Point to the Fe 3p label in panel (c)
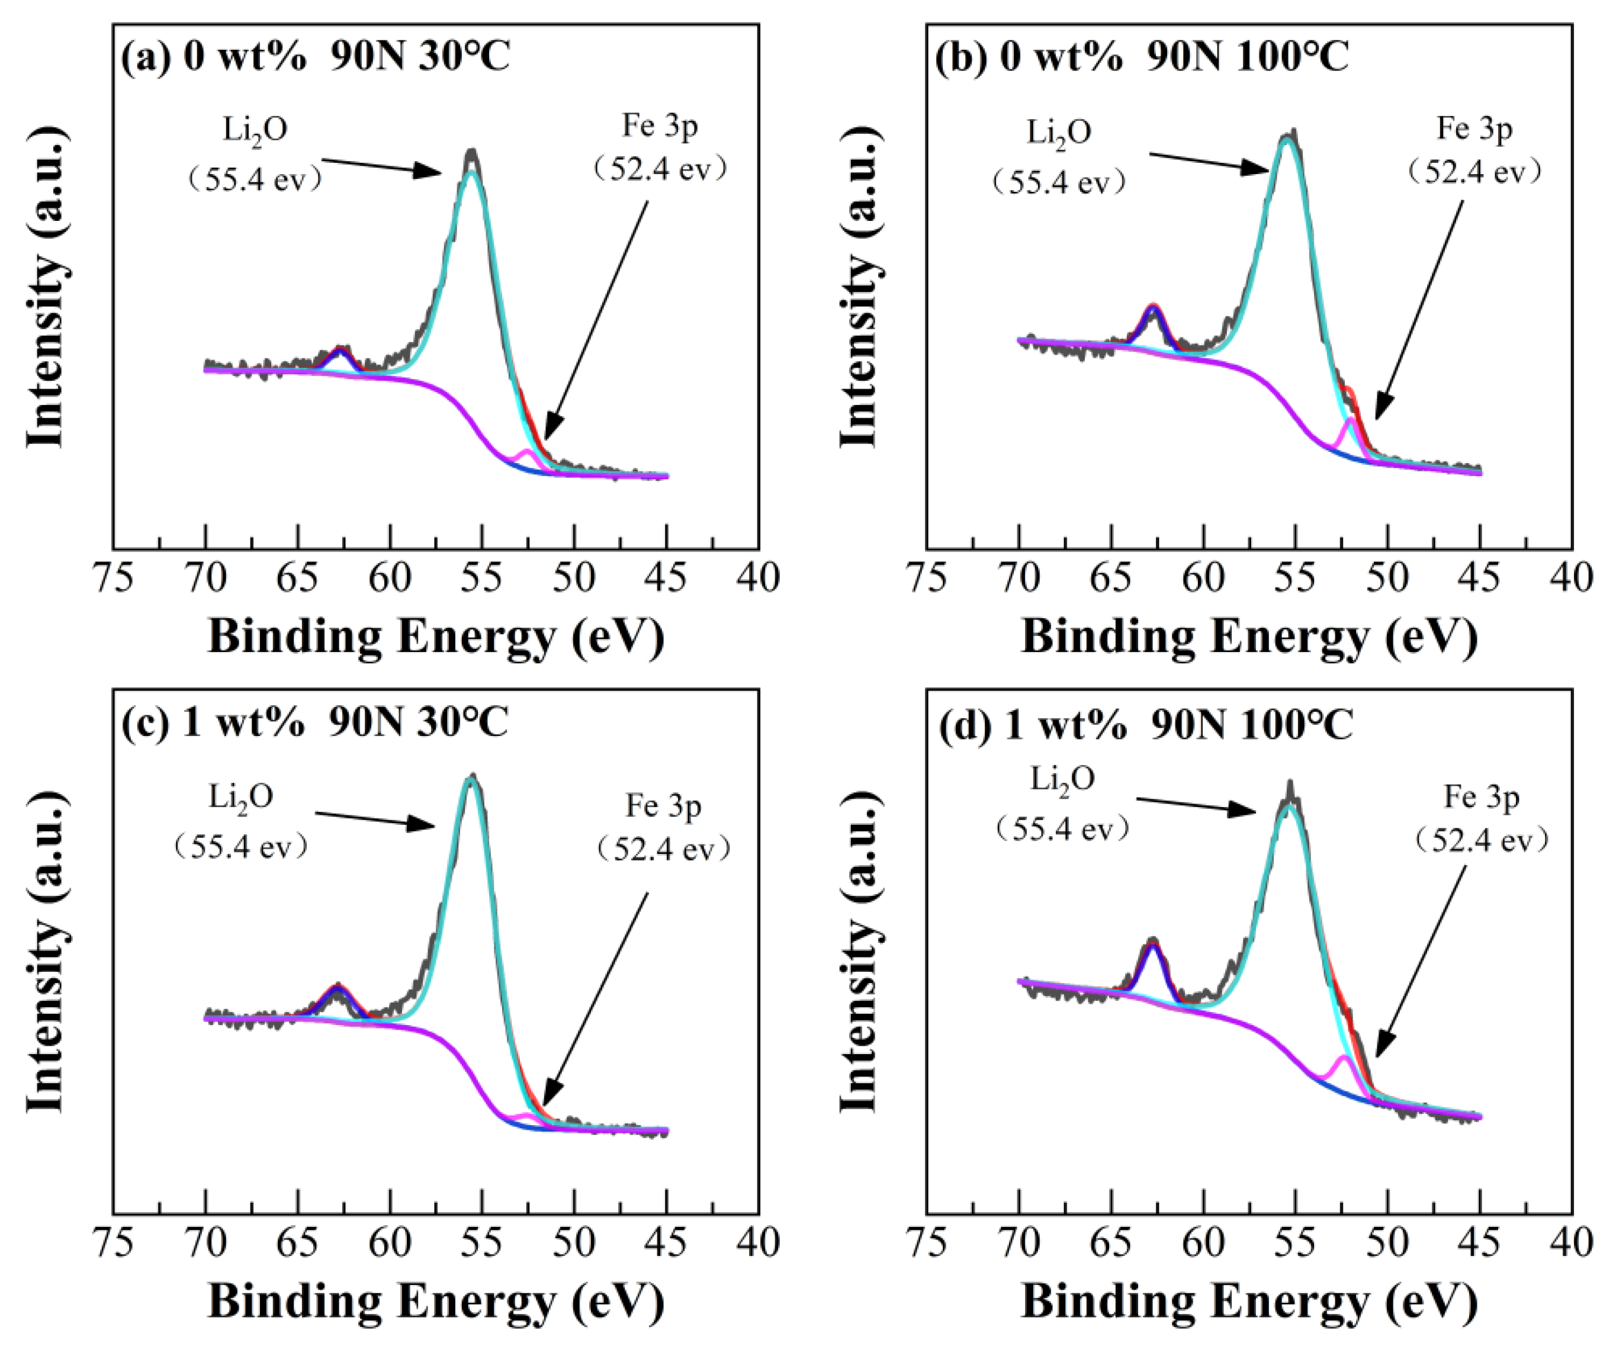click(663, 806)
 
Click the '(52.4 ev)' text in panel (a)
click(659, 169)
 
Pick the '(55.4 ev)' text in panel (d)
click(1062, 829)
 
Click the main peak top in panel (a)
click(471, 154)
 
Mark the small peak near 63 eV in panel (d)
click(1152, 944)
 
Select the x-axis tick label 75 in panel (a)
click(113, 577)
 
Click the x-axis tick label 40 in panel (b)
click(1572, 577)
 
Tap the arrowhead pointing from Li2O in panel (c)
click(426, 825)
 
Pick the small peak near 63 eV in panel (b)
click(1153, 307)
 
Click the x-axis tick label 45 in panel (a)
click(667, 577)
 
